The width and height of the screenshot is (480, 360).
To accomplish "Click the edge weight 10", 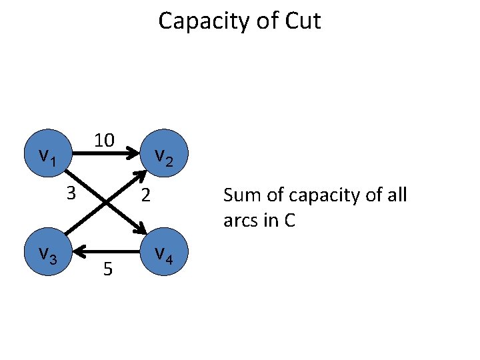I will click(104, 140).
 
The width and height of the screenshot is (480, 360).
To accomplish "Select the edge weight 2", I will click(147, 197).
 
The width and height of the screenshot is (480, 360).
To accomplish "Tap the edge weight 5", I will click(107, 269).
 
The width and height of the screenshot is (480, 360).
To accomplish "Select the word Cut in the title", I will click(303, 21).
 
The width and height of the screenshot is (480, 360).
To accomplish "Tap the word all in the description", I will click(395, 195).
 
